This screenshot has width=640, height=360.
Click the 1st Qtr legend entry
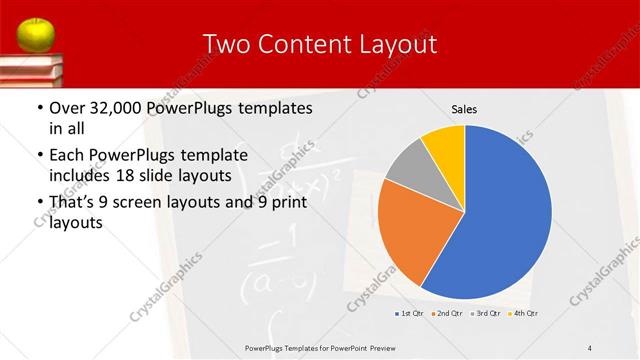click(409, 314)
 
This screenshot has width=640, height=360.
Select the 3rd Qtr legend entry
click(484, 314)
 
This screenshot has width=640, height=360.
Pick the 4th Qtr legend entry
click(523, 314)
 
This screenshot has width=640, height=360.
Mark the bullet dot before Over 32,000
click(39, 108)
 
